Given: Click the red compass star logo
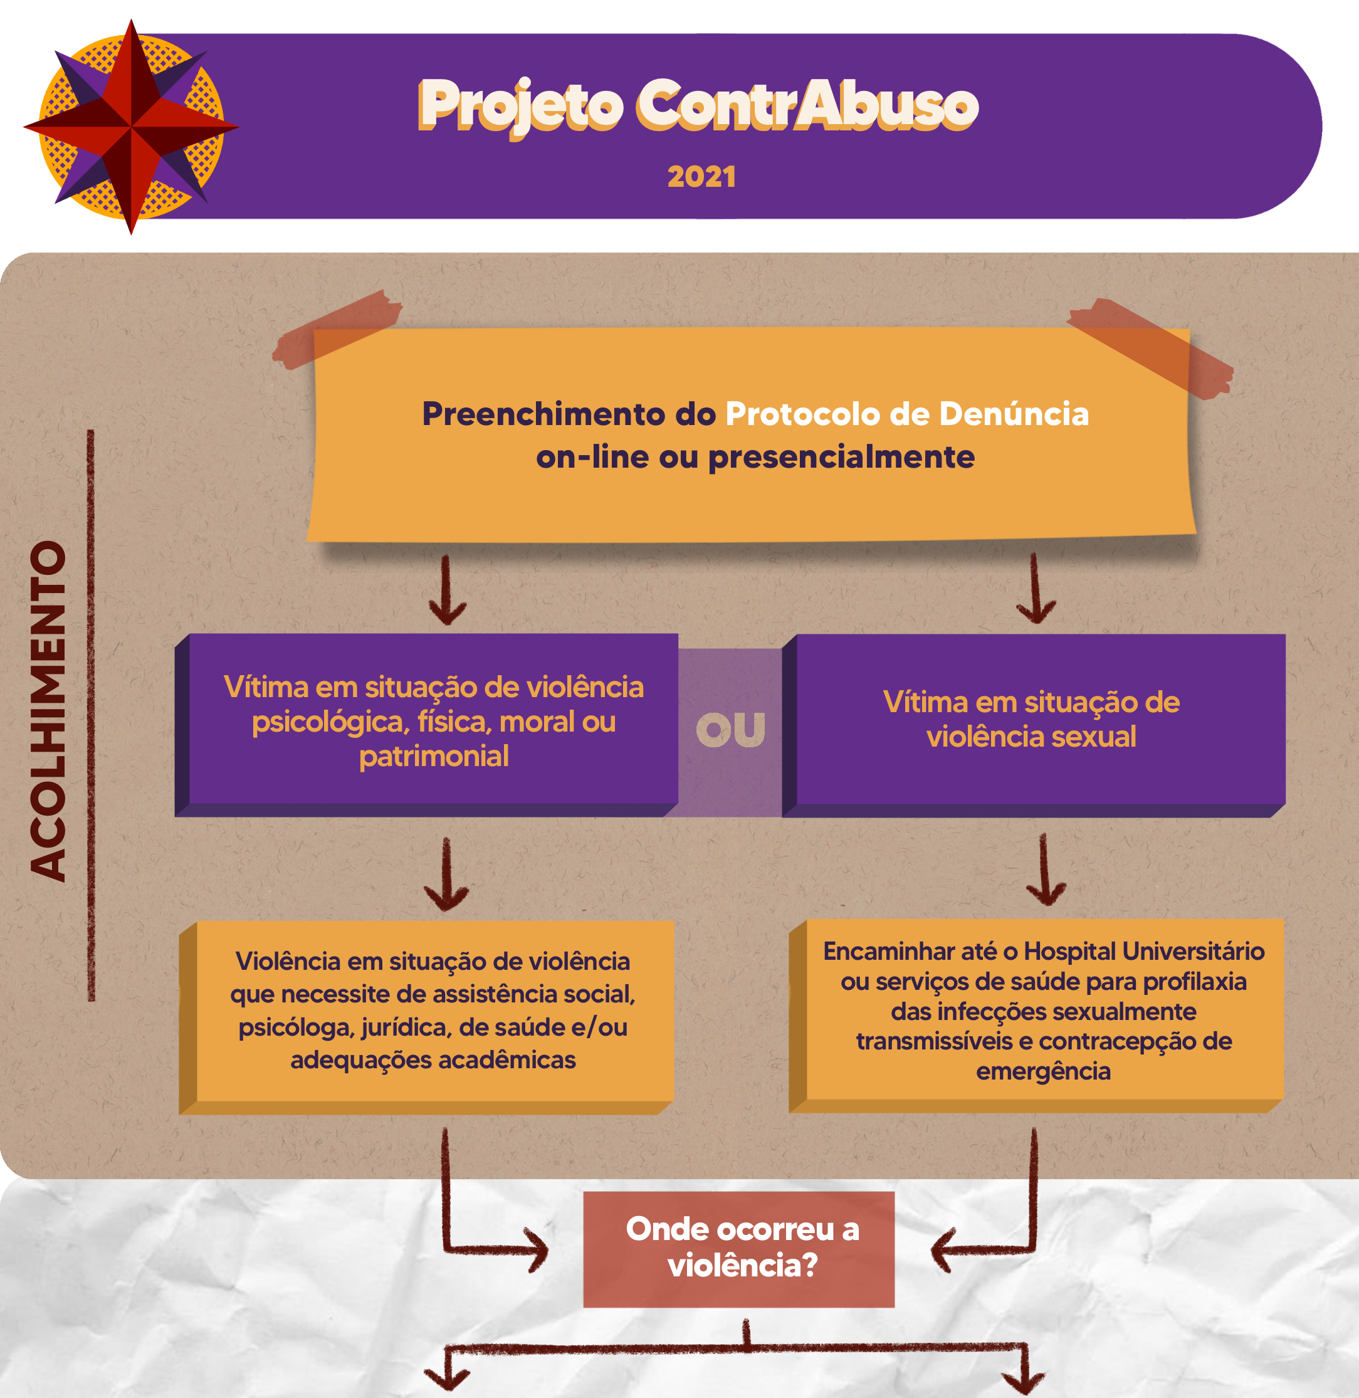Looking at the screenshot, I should [x=130, y=127].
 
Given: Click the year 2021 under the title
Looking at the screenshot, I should [x=701, y=177].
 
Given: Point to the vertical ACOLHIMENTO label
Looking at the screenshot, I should [x=48, y=711].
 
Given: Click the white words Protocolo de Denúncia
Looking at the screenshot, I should [x=906, y=414].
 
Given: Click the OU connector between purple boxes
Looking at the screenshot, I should [x=730, y=730].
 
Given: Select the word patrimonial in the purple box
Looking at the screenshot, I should [x=434, y=756].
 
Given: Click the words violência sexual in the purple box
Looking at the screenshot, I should [x=1031, y=737].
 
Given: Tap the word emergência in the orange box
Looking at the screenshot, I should [x=1043, y=1071].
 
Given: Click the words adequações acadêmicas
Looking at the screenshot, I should [x=433, y=1059].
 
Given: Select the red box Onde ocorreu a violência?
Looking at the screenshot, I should [x=739, y=1249].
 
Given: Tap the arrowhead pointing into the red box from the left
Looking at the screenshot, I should [x=537, y=1249].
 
